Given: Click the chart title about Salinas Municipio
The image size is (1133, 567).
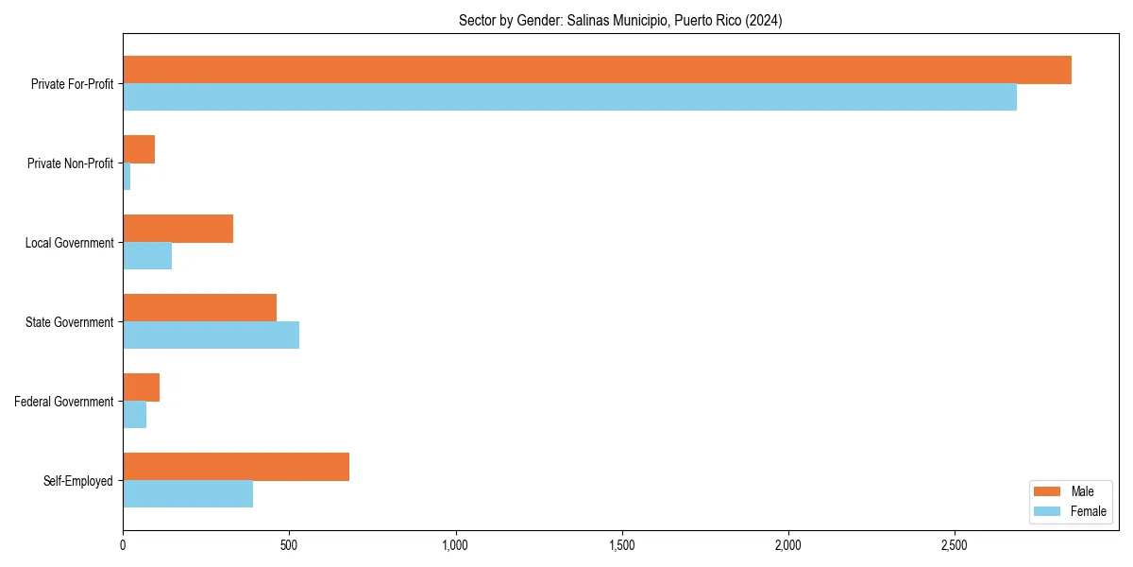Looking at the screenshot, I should coord(620,20).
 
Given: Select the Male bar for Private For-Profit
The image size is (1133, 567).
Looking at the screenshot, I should coord(597,70).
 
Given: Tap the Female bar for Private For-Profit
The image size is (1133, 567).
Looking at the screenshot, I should coord(569,97).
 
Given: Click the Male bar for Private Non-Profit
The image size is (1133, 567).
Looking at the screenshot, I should coord(139,149).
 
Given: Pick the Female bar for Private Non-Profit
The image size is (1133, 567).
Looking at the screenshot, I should coord(127,177).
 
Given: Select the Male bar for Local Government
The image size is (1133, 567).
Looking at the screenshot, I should coord(178,229).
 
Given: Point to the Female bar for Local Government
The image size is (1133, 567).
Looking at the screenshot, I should coord(147,256).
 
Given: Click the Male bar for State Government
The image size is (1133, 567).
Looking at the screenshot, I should coord(199,308).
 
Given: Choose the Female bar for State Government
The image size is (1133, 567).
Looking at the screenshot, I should coord(211,335).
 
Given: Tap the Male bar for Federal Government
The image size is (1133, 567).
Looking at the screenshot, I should coord(141,387).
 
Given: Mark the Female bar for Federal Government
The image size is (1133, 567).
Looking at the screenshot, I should coord(134,415).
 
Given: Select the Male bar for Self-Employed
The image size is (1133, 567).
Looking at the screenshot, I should coord(236,467).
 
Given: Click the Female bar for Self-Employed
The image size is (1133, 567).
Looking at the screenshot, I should coord(188,494).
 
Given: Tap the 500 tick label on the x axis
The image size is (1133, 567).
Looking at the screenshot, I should coord(289,546).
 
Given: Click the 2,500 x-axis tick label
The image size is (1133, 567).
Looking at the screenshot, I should coord(955,546).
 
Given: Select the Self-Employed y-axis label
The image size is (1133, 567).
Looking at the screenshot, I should coord(78,481).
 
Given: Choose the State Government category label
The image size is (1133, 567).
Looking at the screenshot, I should coord(70,322).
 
